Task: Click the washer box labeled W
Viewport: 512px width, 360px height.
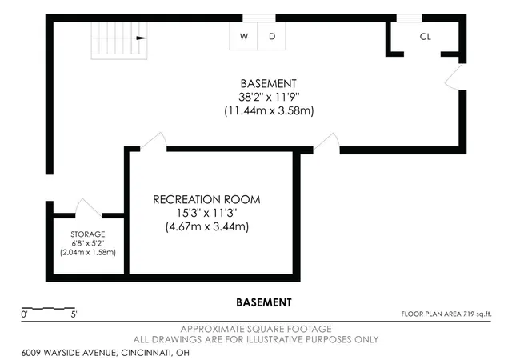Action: coord(243,36)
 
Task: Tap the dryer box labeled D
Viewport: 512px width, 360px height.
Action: coord(272,36)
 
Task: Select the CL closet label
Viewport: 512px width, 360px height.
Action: coord(425,37)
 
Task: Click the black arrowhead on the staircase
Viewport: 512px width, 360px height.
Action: coord(142,38)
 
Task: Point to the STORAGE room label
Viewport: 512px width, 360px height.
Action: coord(88,234)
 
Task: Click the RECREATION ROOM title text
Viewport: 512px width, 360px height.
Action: coord(206,199)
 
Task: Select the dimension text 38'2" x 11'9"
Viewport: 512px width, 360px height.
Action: coord(269,97)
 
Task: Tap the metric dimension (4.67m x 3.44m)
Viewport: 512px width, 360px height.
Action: coord(207,226)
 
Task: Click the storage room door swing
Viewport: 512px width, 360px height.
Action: coord(88,207)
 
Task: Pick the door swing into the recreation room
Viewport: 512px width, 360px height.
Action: coord(154,141)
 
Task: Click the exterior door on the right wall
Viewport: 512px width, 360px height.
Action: coord(454,77)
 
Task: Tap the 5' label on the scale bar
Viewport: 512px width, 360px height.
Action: coord(74,314)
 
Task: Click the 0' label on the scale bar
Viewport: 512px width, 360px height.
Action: coord(25,314)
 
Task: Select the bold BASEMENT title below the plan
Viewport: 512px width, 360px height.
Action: coord(264,302)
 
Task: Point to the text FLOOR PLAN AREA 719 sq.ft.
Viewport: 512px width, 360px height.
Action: coord(446,314)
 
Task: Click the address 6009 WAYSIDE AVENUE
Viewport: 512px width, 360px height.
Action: coord(69,353)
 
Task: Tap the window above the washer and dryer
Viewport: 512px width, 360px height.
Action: coord(259,18)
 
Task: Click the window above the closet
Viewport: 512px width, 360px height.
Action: coord(409,18)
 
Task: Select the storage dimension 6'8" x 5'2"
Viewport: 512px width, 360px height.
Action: coord(88,243)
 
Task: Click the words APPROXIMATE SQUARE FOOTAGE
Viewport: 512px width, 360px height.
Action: coord(256,329)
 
